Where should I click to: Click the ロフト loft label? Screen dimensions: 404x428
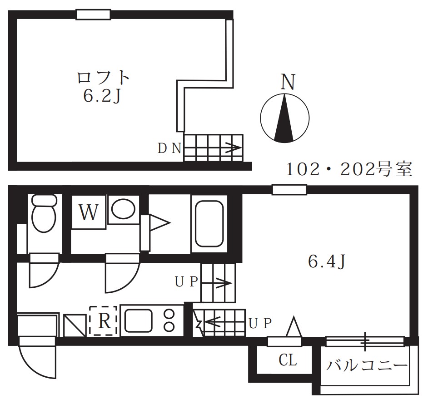104,77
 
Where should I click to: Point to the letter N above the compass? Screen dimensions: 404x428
287,82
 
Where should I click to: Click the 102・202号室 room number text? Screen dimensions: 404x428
349,170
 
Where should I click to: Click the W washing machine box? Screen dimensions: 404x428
89,212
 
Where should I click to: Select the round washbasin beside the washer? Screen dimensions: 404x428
123,209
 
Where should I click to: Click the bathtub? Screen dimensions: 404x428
209,224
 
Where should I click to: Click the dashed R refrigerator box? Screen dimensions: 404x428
104,321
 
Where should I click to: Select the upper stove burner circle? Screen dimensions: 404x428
170,314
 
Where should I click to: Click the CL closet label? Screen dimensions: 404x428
287,361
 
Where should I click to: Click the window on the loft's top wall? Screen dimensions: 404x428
93,15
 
